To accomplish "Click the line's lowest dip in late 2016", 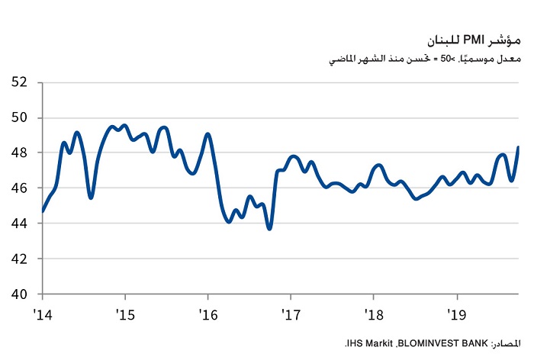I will (269, 228).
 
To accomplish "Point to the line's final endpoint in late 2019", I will (519, 146).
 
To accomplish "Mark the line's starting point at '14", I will (43, 211).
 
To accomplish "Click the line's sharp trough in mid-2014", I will (91, 198).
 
